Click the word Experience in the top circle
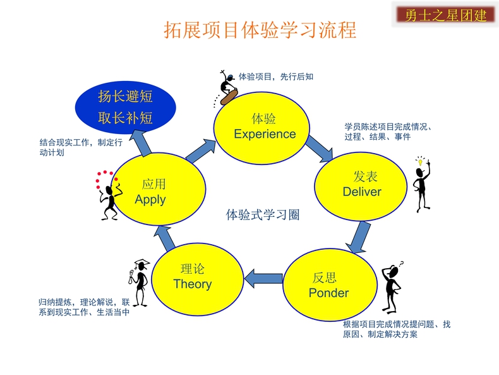coord(265,134)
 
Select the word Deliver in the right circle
coord(362,192)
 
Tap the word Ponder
coord(328,293)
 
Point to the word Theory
coord(193,284)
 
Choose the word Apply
coord(150,200)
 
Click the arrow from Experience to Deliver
coord(320,149)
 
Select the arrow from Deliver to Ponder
coord(359,238)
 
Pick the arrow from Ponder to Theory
coord(263,278)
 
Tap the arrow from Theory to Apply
coord(164,238)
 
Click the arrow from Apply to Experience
coord(201,151)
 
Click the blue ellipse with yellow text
coord(126,108)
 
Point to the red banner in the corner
coord(445,15)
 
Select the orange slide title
coord(260,30)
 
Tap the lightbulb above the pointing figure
coord(420,161)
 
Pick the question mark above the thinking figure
coord(401,264)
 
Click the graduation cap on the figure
coord(142,263)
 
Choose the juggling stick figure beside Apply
coord(109,195)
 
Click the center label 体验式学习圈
coord(263,215)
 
